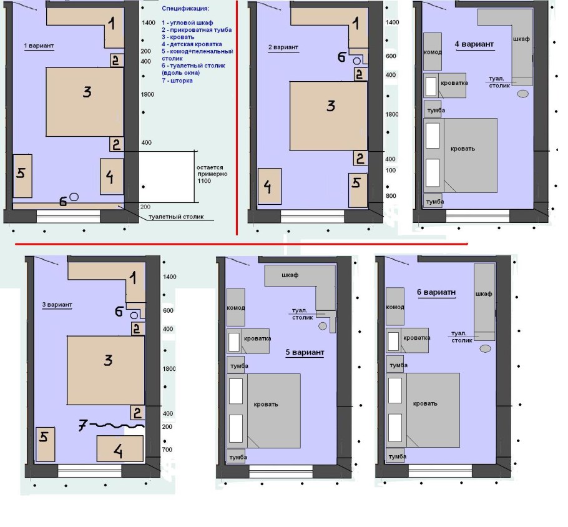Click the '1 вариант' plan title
tap(39, 46)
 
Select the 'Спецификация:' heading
tap(185, 8)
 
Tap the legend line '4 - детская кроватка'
tap(192, 44)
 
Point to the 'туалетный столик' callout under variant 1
tap(176, 217)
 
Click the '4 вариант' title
tap(474, 44)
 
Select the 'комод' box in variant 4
tap(433, 51)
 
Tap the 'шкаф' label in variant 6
tap(484, 293)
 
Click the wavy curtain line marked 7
tap(117, 425)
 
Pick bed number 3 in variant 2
tap(328, 116)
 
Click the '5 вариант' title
tap(305, 352)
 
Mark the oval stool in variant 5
tap(323, 326)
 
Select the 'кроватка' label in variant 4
tap(454, 83)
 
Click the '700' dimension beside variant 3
tap(167, 450)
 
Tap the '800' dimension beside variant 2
tap(391, 196)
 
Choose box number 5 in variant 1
tap(22, 176)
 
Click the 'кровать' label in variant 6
tap(425, 403)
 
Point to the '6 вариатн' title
tap(436, 292)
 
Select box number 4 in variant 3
tap(120, 449)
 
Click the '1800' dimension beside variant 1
tap(147, 95)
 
